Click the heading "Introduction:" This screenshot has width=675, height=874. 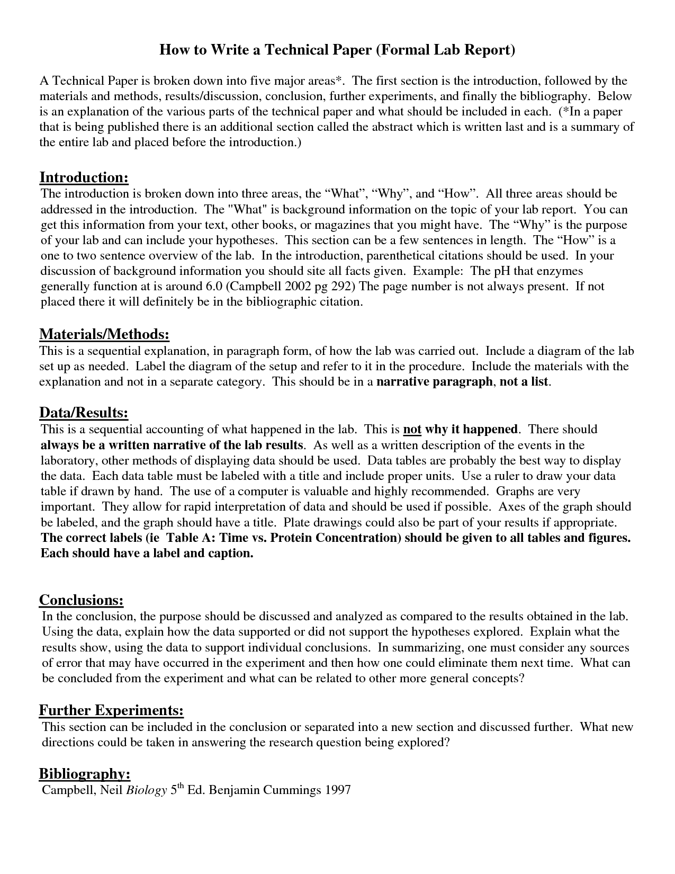pyautogui.click(x=84, y=177)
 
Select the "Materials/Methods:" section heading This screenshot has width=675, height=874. pyautogui.click(x=104, y=334)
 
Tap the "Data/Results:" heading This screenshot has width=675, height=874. pyautogui.click(x=84, y=413)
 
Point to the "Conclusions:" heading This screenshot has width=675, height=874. pyautogui.click(x=82, y=600)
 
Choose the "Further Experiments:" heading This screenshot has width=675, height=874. pyautogui.click(x=111, y=710)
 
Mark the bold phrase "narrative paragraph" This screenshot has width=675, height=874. pyautogui.click(x=434, y=382)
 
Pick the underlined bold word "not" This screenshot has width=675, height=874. pyautogui.click(x=412, y=429)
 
